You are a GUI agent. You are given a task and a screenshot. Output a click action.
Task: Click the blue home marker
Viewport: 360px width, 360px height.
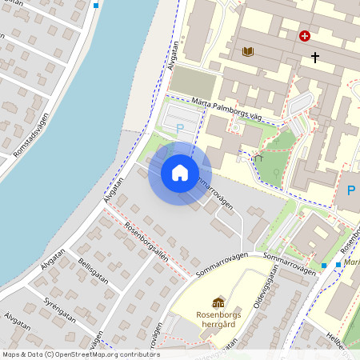180,173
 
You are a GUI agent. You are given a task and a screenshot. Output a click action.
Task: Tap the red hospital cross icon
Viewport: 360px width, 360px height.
305,36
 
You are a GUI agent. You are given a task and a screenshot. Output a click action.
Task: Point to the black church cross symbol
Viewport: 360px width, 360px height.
315,57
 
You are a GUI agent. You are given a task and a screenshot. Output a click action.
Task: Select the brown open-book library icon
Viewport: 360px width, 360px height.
248,52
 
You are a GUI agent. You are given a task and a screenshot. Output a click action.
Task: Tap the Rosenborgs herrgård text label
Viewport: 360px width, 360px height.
218,319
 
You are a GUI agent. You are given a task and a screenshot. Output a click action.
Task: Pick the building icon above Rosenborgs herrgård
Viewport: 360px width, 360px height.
218,302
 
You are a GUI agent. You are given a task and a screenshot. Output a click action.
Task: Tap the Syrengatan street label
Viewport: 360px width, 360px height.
61,309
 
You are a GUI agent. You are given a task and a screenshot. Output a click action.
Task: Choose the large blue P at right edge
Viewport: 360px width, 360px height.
350,191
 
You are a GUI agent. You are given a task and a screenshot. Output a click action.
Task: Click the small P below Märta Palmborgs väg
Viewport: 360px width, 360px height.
180,128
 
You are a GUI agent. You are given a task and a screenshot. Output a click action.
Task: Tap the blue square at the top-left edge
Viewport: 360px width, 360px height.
96,5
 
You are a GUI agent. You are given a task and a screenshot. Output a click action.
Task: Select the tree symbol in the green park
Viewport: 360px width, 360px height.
276,173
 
